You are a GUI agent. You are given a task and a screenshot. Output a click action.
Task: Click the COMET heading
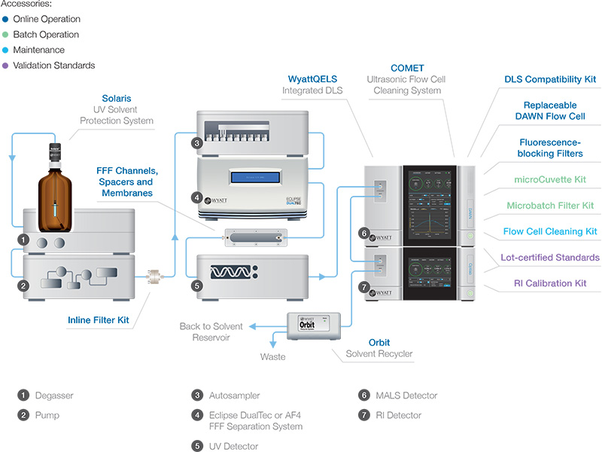click(x=407, y=68)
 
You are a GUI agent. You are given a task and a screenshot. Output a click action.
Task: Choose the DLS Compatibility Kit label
click(x=549, y=78)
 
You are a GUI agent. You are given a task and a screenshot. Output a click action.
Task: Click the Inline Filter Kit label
click(x=98, y=320)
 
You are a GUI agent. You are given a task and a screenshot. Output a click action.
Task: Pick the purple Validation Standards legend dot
click(x=5, y=66)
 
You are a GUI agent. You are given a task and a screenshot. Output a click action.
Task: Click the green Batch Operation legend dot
click(x=5, y=35)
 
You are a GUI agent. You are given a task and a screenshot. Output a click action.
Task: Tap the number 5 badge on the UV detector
click(x=196, y=286)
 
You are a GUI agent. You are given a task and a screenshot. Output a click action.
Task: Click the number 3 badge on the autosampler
click(x=196, y=143)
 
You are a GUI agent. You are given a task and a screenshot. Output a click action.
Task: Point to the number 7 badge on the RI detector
click(x=363, y=287)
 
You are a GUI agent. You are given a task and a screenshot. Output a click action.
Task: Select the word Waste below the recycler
click(x=272, y=356)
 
